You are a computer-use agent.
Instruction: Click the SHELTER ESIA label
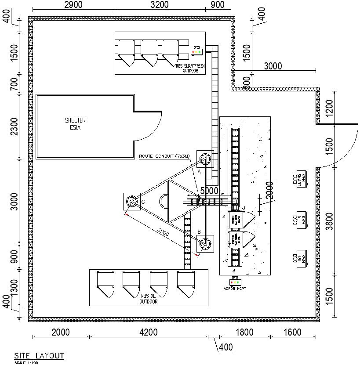point(75,123)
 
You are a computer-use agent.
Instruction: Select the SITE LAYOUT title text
point(39,355)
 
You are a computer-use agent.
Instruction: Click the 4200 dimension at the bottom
point(148,332)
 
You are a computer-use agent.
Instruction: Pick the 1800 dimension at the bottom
point(244,332)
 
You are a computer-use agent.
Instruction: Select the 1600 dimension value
point(292,332)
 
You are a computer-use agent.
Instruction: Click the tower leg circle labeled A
point(204,159)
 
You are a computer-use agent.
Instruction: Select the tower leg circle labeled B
point(205,244)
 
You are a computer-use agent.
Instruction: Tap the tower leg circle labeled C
point(131,201)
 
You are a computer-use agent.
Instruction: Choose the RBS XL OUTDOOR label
point(148,299)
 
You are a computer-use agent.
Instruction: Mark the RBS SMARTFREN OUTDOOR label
point(190,68)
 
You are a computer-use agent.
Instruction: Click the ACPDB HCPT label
point(236,289)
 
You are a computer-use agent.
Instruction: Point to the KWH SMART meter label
point(301,179)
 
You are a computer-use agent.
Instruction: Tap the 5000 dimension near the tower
point(209,191)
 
